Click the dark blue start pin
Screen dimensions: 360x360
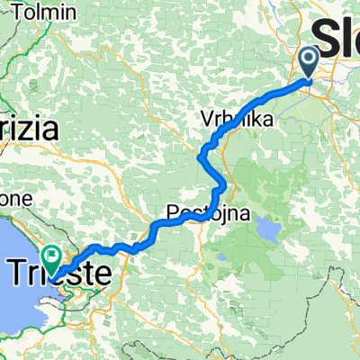(x=308, y=61)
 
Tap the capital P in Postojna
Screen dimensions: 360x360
(x=172, y=213)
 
